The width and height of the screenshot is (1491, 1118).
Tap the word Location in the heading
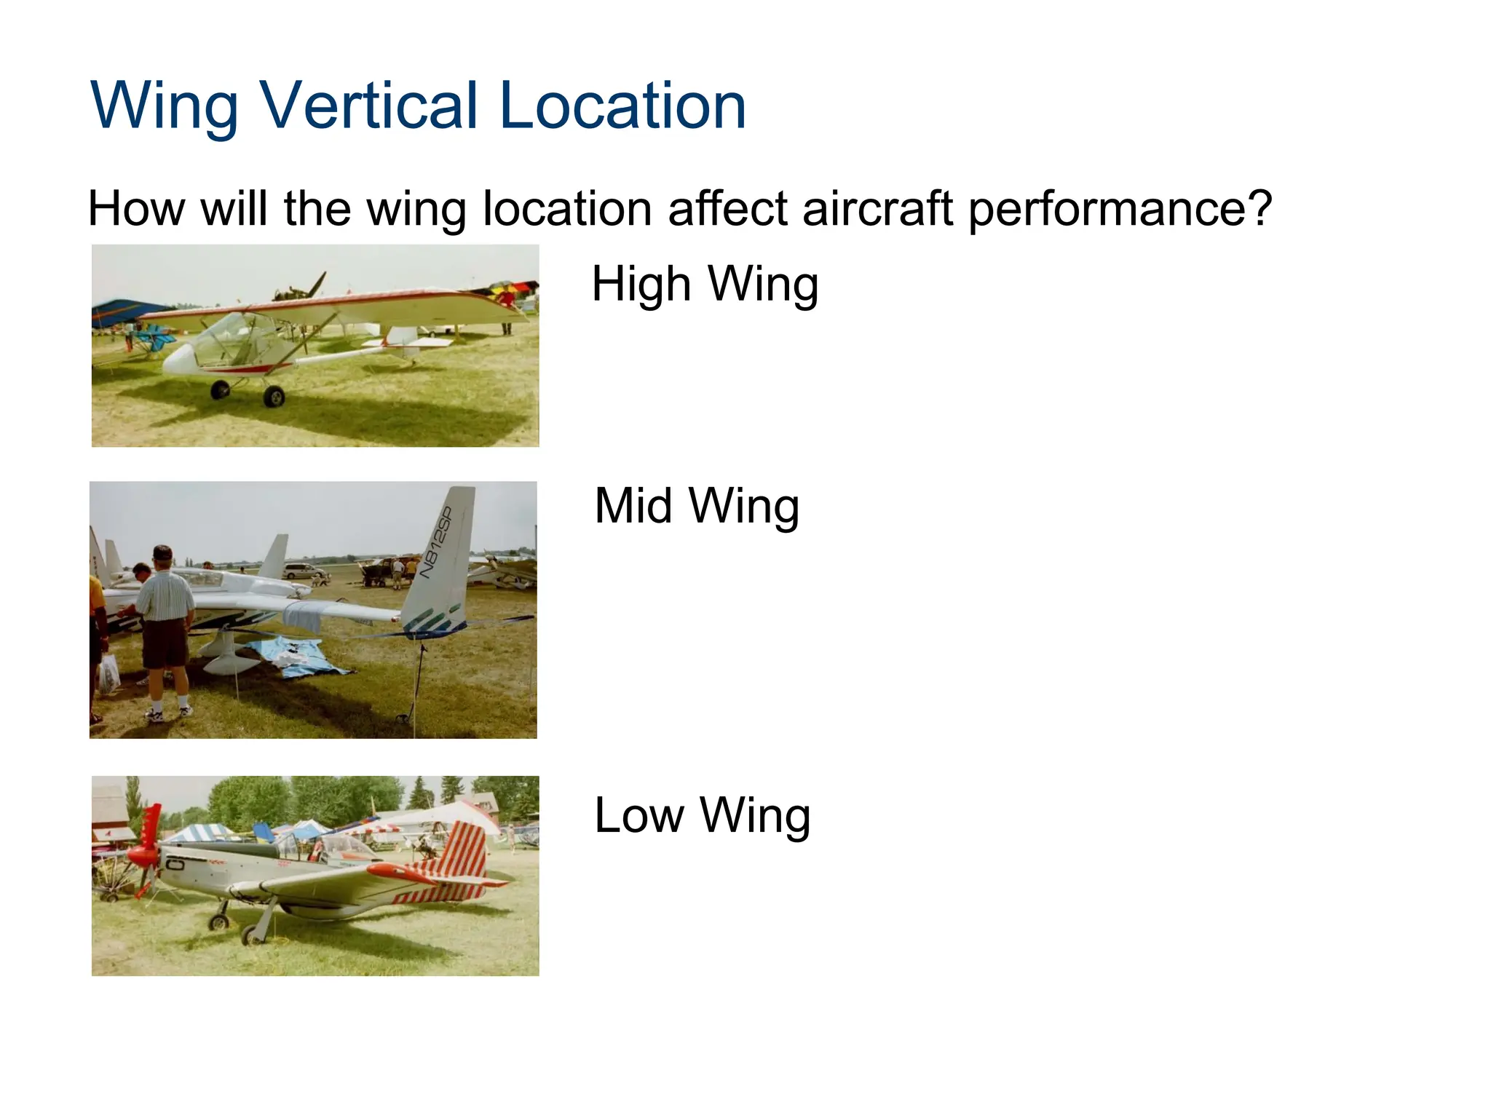[622, 106]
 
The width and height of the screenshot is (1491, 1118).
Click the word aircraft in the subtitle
[877, 209]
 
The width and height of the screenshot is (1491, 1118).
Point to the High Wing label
[705, 284]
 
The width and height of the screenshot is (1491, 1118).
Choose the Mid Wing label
[697, 506]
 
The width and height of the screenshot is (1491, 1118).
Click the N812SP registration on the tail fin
[437, 542]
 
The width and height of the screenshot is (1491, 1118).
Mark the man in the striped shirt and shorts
[166, 619]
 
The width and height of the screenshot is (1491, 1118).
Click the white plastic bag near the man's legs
[109, 673]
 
